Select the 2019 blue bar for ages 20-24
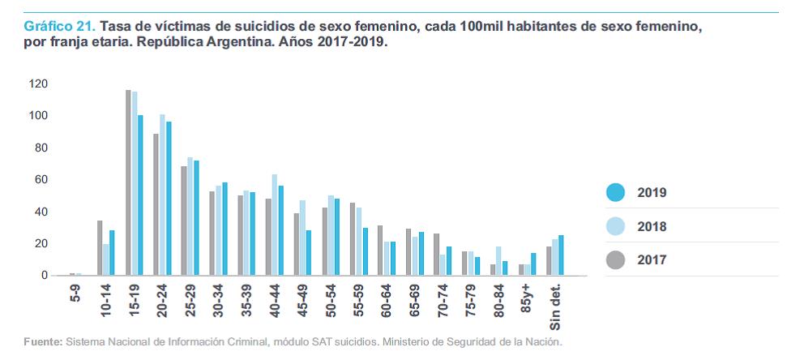point(169,199)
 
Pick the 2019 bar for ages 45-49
point(308,253)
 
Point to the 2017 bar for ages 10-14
point(100,248)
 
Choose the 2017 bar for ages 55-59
point(353,239)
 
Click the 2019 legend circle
point(616,193)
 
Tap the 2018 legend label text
point(652,227)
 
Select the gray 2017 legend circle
point(616,260)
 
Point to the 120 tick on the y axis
point(38,84)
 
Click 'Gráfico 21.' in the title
point(49,27)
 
